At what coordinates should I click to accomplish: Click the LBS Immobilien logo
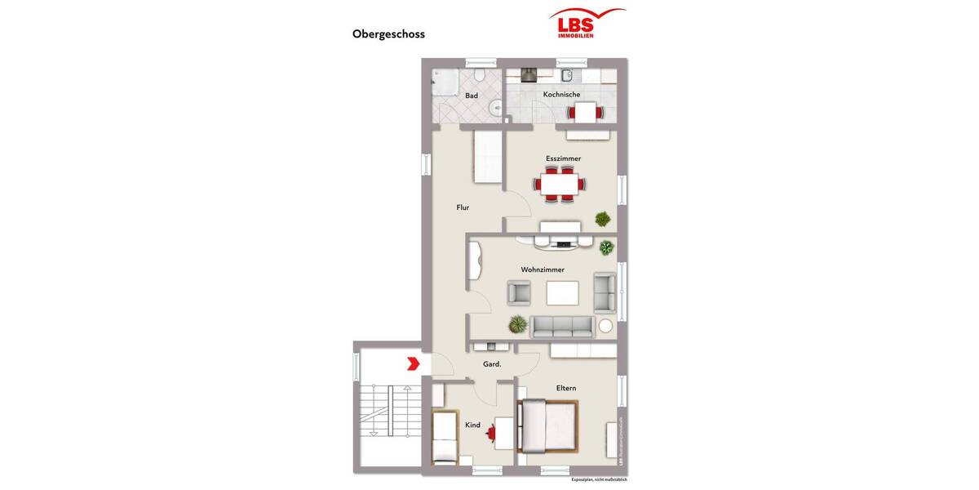(x=587, y=23)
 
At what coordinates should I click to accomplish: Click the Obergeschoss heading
(x=388, y=34)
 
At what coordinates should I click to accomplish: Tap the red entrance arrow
(x=414, y=363)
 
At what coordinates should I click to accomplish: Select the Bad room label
(x=472, y=96)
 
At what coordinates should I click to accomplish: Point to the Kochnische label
(x=561, y=95)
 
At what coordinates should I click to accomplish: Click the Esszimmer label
(x=563, y=158)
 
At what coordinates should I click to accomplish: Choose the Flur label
(x=463, y=207)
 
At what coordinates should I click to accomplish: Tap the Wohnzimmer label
(x=543, y=269)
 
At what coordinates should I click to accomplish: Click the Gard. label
(x=492, y=364)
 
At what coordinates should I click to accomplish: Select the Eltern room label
(x=566, y=388)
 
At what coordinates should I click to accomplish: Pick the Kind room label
(x=472, y=425)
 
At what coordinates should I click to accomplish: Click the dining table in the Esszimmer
(x=560, y=185)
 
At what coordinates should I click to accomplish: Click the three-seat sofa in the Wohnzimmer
(x=561, y=327)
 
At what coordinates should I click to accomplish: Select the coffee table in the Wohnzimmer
(x=562, y=292)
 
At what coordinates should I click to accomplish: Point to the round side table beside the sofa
(x=605, y=326)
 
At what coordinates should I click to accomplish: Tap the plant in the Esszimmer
(x=602, y=218)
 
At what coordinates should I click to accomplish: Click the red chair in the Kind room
(x=491, y=433)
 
